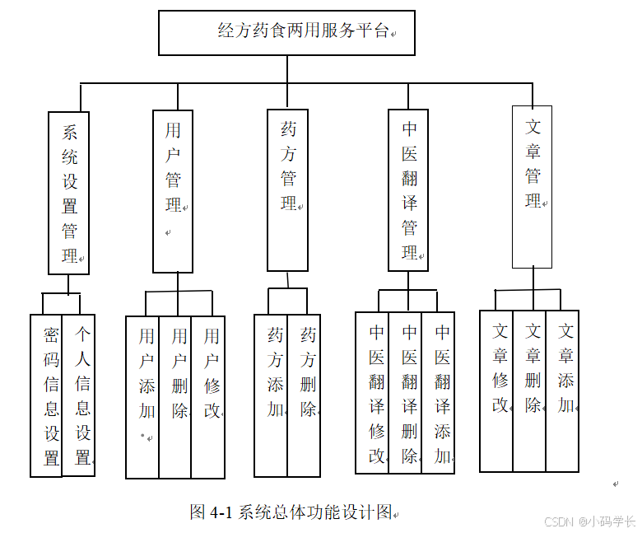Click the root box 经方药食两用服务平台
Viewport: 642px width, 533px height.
pyautogui.click(x=286, y=33)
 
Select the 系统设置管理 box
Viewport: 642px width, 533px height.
pyautogui.click(x=68, y=193)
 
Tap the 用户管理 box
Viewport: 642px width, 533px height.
pyautogui.click(x=173, y=191)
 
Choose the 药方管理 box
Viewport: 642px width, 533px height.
pyautogui.click(x=288, y=189)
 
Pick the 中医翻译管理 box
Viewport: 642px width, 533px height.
pyautogui.click(x=408, y=190)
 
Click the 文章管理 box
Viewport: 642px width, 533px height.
pyautogui.click(x=532, y=187)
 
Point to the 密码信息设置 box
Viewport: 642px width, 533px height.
pyautogui.click(x=47, y=395)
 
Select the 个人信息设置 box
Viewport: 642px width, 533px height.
pyautogui.click(x=79, y=395)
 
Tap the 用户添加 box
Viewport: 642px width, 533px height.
pyautogui.click(x=142, y=397)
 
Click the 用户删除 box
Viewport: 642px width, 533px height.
pyautogui.click(x=175, y=397)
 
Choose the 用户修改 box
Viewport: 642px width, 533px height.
pyautogui.click(x=208, y=397)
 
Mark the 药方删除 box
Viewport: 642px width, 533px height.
pyautogui.click(x=304, y=395)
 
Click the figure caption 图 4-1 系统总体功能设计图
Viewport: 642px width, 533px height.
pyautogui.click(x=292, y=512)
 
